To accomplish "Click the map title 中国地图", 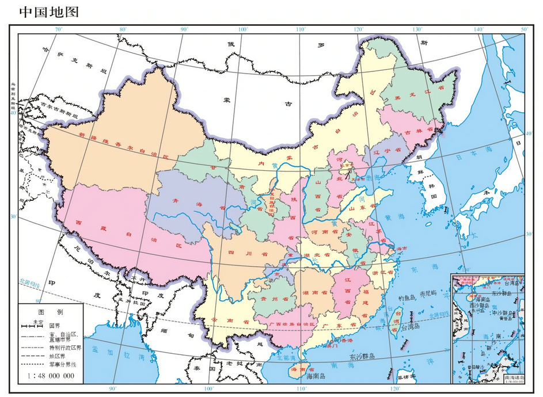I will [48, 12].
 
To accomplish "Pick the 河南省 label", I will [324, 231].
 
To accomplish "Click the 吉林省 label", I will [416, 132].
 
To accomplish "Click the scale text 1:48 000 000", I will [51, 376].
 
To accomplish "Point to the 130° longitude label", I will [417, 29].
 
